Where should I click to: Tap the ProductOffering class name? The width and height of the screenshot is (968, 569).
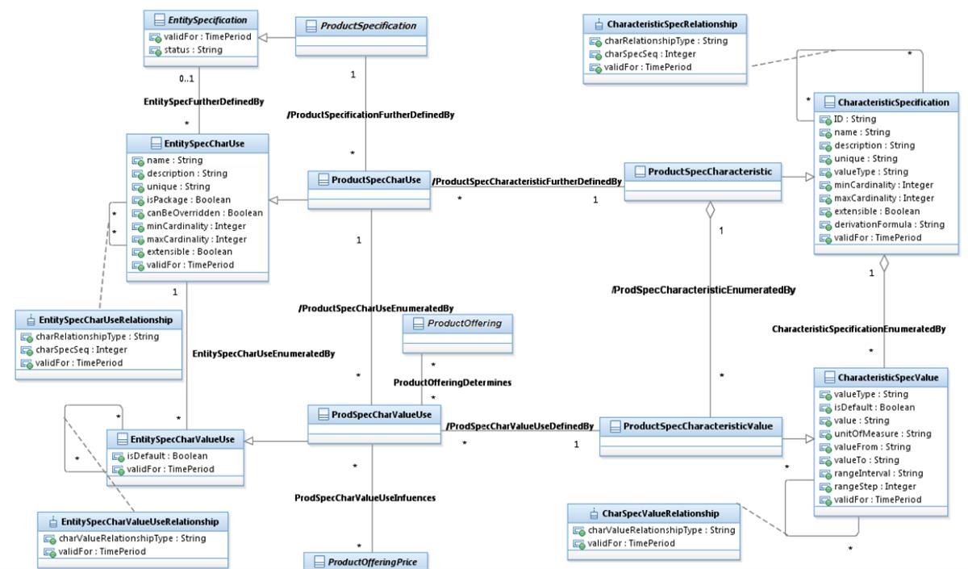tap(463, 324)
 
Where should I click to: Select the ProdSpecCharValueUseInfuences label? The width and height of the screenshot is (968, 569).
tap(365, 498)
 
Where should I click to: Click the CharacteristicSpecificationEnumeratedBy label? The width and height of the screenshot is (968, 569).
tap(857, 329)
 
